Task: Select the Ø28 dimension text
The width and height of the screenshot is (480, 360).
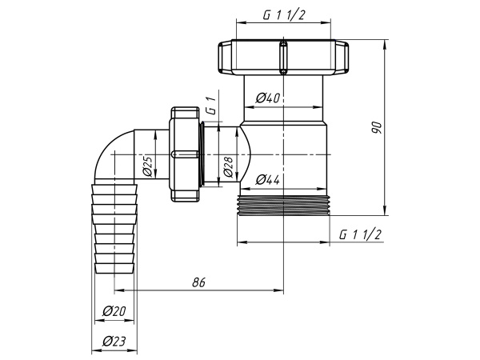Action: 228,166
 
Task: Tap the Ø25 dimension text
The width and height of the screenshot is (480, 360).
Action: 148,166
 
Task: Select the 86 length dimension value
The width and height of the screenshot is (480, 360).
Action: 200,282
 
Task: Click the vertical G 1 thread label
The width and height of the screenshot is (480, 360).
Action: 210,106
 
